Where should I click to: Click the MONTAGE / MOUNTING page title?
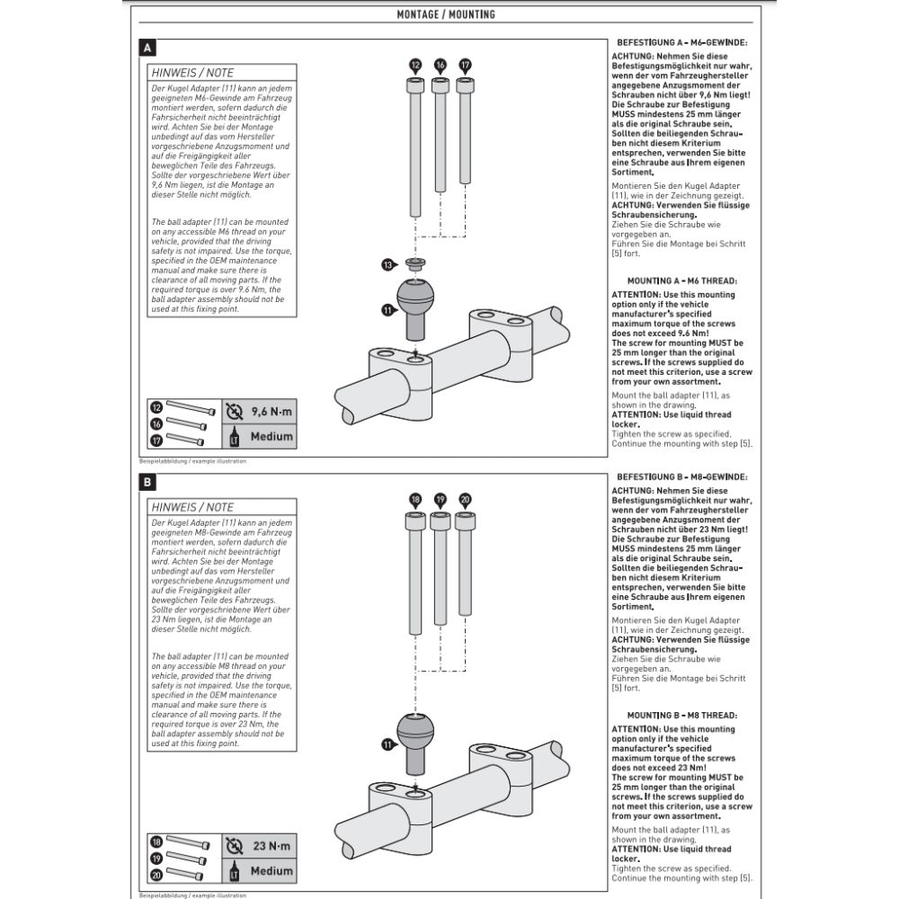[x=446, y=14]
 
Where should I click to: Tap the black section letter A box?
[x=147, y=47]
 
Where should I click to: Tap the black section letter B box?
[x=147, y=483]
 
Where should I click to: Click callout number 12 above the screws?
[x=414, y=65]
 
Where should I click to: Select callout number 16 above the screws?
[x=440, y=65]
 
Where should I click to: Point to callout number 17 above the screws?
[x=465, y=65]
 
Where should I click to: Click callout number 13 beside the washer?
[x=388, y=265]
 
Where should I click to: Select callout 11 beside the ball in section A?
[x=388, y=309]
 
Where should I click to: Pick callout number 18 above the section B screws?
[x=414, y=499]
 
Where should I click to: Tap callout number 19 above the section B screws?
[x=440, y=499]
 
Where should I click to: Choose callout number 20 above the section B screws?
[x=465, y=499]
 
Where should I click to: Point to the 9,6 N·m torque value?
[x=271, y=413]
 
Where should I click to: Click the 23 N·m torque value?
[x=271, y=846]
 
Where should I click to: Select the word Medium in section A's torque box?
[x=271, y=437]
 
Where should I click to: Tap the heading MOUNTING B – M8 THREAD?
[x=682, y=715]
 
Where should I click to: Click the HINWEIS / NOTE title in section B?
[x=192, y=507]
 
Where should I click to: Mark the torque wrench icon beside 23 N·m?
[x=235, y=846]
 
